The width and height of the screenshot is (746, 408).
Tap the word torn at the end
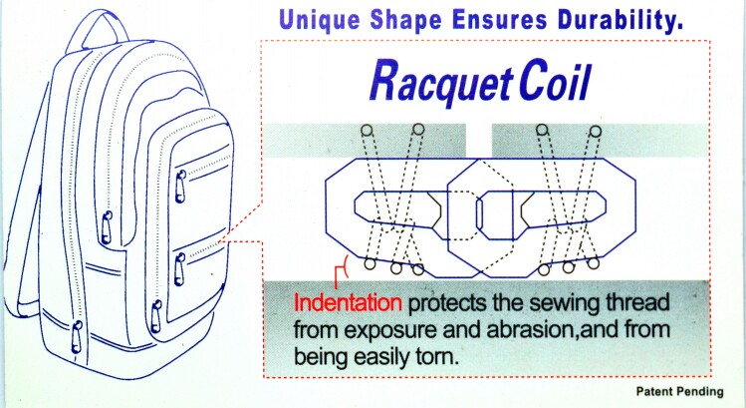click(x=439, y=356)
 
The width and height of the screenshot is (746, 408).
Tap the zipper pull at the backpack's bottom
click(x=77, y=336)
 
